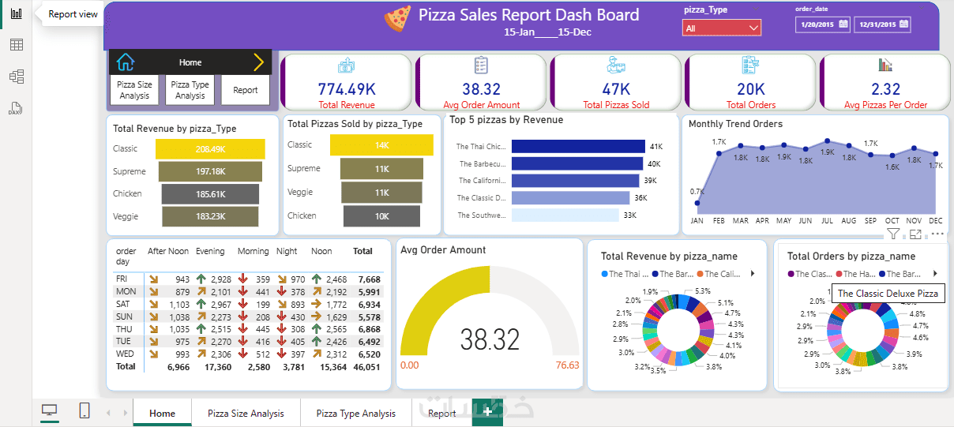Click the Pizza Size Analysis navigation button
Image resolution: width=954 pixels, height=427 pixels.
pyautogui.click(x=134, y=90)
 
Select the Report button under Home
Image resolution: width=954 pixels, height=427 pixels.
pyautogui.click(x=245, y=90)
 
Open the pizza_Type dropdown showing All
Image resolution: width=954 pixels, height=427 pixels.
pyautogui.click(x=722, y=28)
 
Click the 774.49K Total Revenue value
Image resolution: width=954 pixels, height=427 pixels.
pyautogui.click(x=346, y=89)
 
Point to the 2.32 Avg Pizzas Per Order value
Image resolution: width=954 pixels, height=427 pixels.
pyautogui.click(x=885, y=89)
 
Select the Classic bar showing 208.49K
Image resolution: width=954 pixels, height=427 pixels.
pyautogui.click(x=210, y=149)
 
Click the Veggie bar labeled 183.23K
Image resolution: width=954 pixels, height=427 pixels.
pyautogui.click(x=210, y=216)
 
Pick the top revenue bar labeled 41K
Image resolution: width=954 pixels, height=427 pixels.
pyautogui.click(x=578, y=146)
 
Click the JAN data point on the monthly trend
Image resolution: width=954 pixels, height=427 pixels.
pyautogui.click(x=697, y=203)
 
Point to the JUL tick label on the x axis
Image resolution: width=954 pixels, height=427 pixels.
pyautogui.click(x=827, y=221)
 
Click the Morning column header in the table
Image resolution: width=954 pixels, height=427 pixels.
pyautogui.click(x=254, y=252)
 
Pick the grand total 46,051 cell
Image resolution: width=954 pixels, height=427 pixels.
pyautogui.click(x=367, y=367)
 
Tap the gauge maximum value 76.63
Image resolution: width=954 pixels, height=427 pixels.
pyautogui.click(x=567, y=365)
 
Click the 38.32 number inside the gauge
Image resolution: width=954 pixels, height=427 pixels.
pyautogui.click(x=490, y=339)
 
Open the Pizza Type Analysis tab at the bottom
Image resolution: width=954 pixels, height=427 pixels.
pyautogui.click(x=355, y=413)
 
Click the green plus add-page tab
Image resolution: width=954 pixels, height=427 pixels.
pyautogui.click(x=488, y=413)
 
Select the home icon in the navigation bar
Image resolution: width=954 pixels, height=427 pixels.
pyautogui.click(x=126, y=62)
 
